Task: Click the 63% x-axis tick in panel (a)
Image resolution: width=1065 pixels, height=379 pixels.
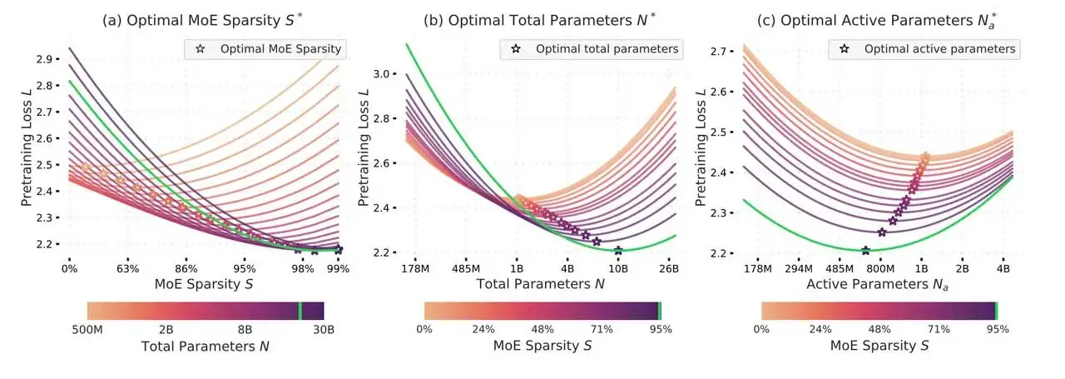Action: [x=127, y=269]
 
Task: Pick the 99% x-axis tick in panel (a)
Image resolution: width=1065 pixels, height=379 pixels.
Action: [x=338, y=269]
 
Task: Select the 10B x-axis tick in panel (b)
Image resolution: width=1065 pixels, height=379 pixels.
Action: [x=618, y=269]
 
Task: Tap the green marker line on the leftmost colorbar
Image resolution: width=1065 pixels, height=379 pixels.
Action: [x=300, y=311]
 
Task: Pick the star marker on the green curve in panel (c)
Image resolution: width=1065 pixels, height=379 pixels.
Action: [x=865, y=251]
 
